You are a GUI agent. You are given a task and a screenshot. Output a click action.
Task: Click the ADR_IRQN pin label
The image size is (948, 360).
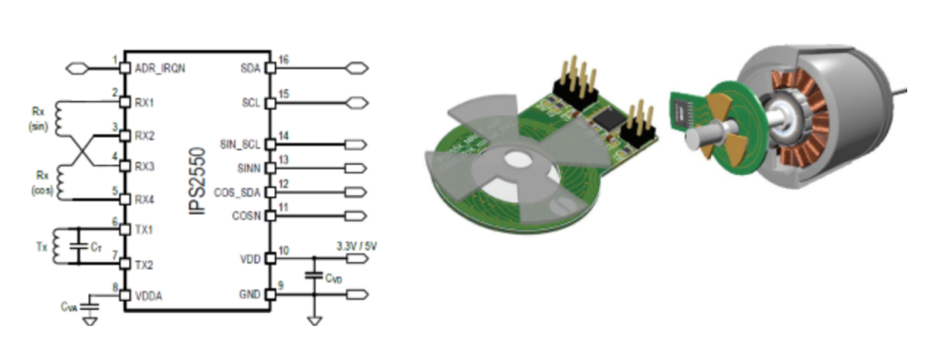[160, 68]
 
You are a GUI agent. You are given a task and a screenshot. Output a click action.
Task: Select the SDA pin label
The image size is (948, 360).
[250, 68]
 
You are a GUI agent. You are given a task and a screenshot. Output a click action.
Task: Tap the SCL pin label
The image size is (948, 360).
[250, 103]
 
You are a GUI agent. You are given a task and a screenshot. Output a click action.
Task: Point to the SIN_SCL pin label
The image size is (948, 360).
[240, 144]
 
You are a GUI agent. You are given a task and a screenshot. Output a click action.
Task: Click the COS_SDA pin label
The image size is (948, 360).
[237, 192]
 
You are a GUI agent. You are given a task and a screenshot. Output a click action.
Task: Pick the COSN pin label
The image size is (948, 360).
[246, 216]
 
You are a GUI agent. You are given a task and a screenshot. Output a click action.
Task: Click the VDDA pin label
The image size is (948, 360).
[149, 296]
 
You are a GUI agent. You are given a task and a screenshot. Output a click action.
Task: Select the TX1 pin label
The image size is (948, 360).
[144, 230]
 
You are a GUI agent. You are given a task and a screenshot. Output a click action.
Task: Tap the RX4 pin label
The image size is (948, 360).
[145, 199]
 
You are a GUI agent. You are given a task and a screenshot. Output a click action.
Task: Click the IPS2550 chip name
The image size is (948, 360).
[198, 180]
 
